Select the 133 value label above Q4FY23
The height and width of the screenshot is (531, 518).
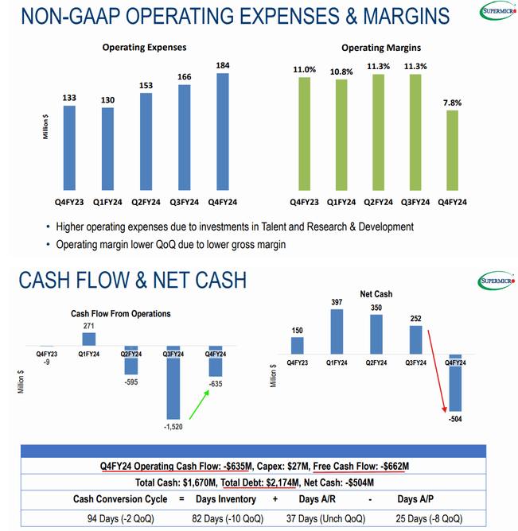69,97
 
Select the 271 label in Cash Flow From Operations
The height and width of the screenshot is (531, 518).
89,326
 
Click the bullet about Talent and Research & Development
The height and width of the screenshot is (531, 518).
230,227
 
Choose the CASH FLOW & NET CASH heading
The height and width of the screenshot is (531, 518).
132,280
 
